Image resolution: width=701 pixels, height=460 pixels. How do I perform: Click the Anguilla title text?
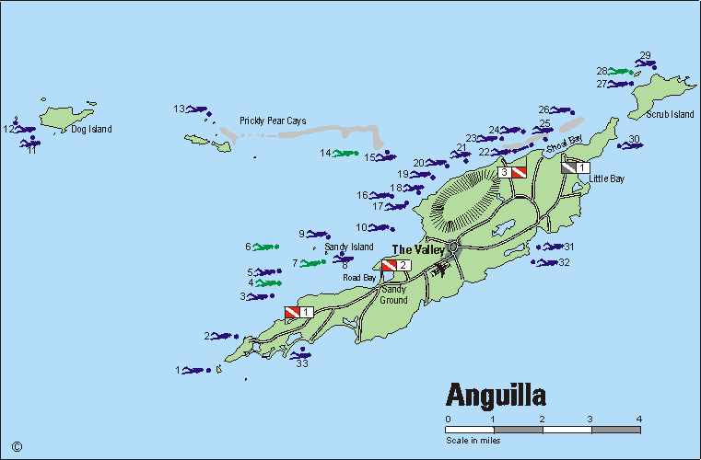coord(497,394)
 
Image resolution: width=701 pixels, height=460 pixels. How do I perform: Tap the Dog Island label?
coord(91,130)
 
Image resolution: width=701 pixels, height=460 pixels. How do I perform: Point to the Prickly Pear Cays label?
coord(273,121)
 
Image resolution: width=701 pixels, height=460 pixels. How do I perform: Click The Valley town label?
coord(418,249)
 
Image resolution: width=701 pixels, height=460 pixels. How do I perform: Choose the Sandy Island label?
coord(349,247)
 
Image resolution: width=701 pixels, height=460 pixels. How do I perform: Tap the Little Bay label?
coord(605,178)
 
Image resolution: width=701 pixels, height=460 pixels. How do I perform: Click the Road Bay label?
coord(359,277)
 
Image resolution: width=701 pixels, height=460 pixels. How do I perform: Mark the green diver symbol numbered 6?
coord(266,247)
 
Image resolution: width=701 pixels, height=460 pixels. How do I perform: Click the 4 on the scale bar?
coord(638,419)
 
